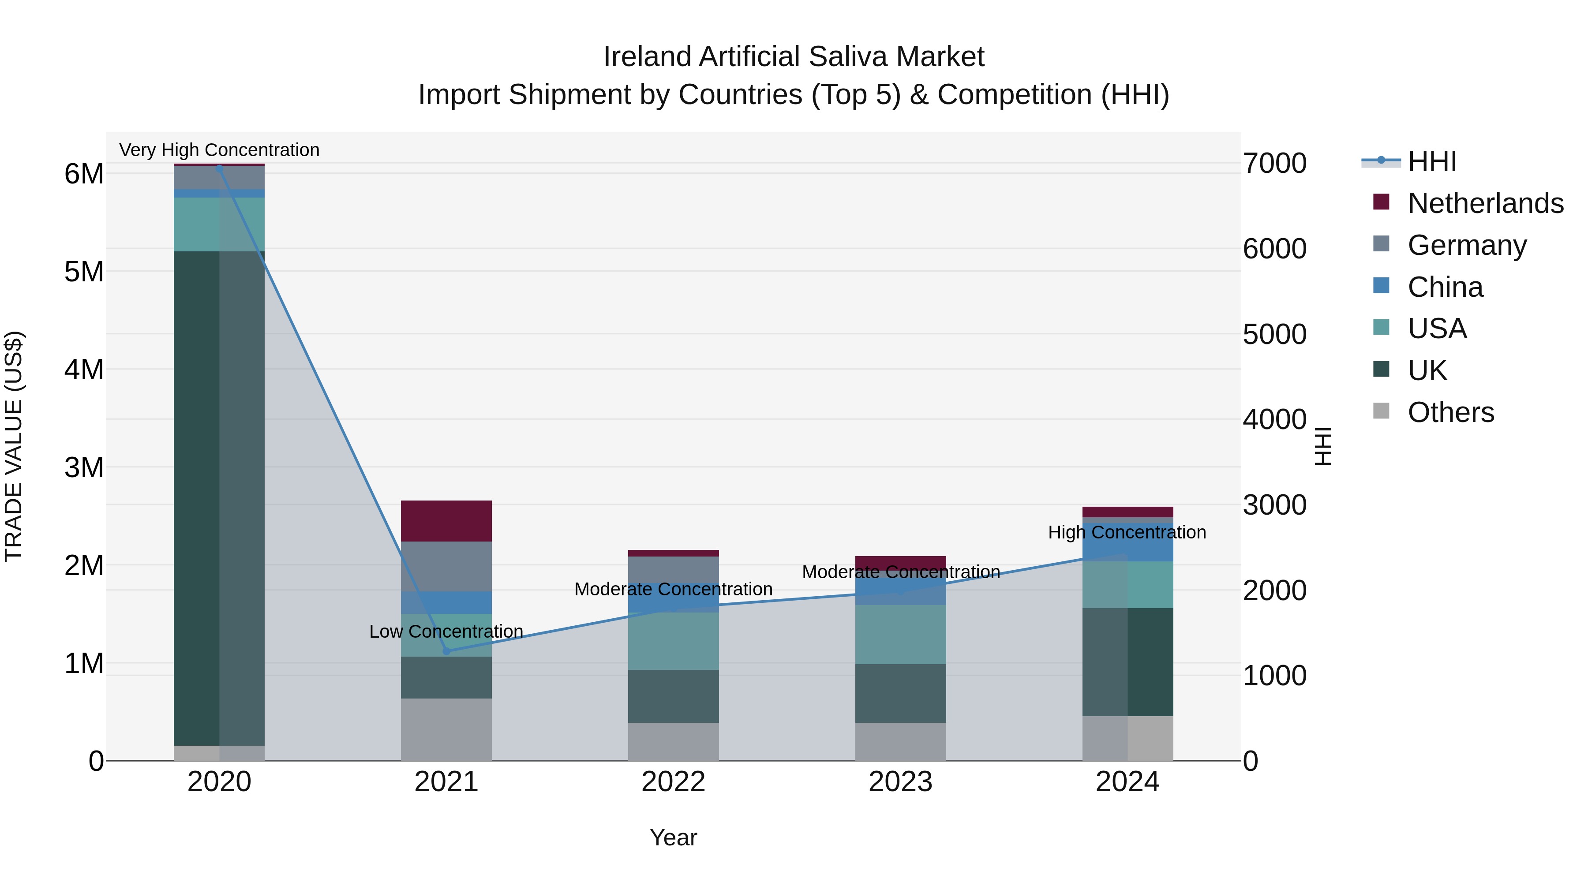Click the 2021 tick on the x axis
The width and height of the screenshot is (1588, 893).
tap(446, 782)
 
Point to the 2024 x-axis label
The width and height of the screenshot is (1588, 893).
tap(1127, 782)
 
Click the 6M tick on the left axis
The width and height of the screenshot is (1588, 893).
tap(84, 174)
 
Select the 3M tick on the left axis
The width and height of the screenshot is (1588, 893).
tap(84, 468)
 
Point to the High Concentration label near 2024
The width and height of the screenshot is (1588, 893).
tap(1127, 532)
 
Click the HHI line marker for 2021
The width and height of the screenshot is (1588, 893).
tap(447, 651)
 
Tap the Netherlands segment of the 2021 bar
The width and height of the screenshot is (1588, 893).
tap(446, 521)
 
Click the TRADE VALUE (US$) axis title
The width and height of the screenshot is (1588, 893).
tap(14, 446)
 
